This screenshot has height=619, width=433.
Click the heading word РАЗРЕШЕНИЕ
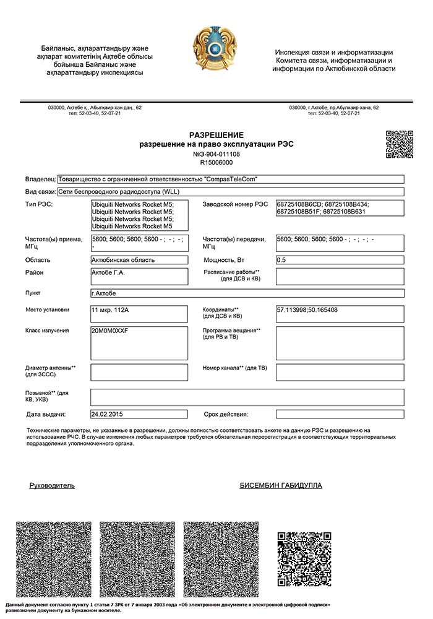[216, 135]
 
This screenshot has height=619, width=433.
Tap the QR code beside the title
[400, 144]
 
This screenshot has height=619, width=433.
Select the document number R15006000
[216, 162]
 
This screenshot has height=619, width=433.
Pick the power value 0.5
[281, 260]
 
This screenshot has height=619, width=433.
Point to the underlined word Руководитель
[52, 485]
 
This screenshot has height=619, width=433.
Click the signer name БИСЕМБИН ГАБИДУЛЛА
[280, 485]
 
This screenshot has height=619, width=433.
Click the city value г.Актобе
[103, 293]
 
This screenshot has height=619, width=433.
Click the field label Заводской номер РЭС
[235, 204]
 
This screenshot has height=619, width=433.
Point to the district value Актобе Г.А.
[108, 272]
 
